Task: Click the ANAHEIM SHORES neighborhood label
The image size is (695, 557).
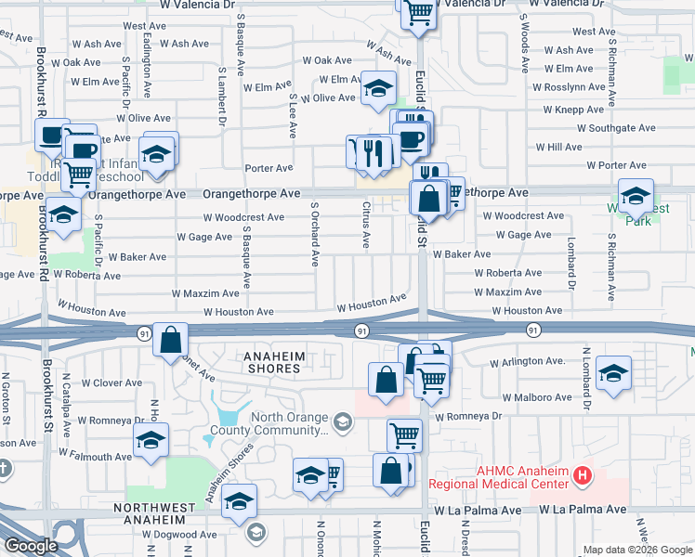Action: click(x=259, y=362)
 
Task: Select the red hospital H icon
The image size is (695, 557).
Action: click(x=583, y=476)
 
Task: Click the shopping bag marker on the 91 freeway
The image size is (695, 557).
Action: click(x=171, y=340)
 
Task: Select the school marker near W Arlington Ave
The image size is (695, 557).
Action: click(x=613, y=372)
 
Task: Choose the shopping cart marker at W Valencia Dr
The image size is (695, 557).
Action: click(x=419, y=11)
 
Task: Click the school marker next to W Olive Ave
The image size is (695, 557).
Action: click(x=378, y=88)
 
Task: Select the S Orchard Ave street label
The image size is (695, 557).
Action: click(x=315, y=231)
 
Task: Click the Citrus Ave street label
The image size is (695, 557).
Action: click(x=367, y=226)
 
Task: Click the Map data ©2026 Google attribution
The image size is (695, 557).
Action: click(x=636, y=550)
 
